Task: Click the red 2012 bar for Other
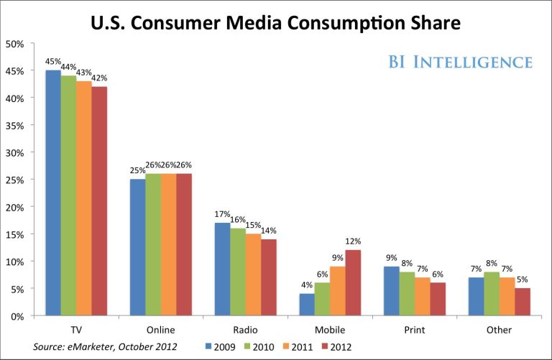coord(523,302)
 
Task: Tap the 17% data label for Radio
coord(221,214)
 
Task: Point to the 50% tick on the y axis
coord(15,43)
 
